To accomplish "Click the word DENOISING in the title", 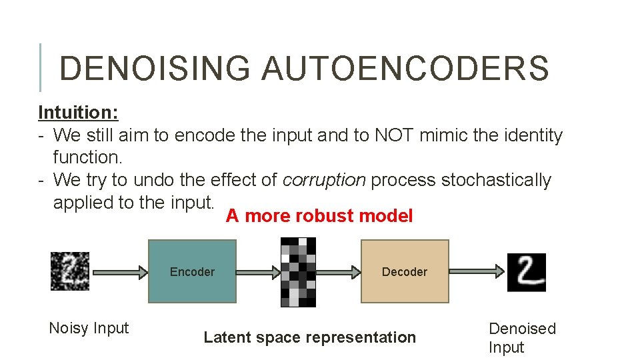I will point(155,69).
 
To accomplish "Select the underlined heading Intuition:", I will point(79,112).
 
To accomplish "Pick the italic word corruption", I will point(324,180).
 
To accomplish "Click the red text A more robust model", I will point(319,216).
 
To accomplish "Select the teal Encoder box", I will point(192,271).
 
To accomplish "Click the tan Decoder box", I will point(405,271).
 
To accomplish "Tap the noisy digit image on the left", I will point(70,271).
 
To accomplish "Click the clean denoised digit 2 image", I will point(526,272).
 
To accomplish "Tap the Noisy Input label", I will point(89,328).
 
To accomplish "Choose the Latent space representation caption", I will point(309,337).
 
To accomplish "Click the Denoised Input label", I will point(522,337).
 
